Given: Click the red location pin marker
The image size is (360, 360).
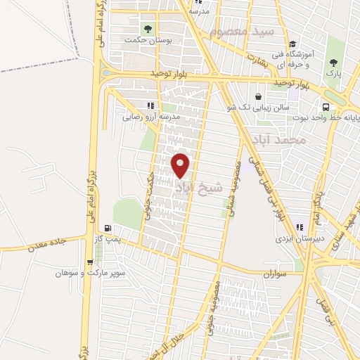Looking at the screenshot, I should (x=181, y=165).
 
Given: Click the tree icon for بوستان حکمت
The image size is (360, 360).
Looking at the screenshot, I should (x=148, y=28).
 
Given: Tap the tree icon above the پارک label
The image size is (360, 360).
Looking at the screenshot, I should (x=331, y=62).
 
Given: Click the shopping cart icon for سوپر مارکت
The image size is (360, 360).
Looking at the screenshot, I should (x=89, y=262).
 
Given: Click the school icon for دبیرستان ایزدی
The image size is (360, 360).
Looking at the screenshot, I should (x=300, y=227).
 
